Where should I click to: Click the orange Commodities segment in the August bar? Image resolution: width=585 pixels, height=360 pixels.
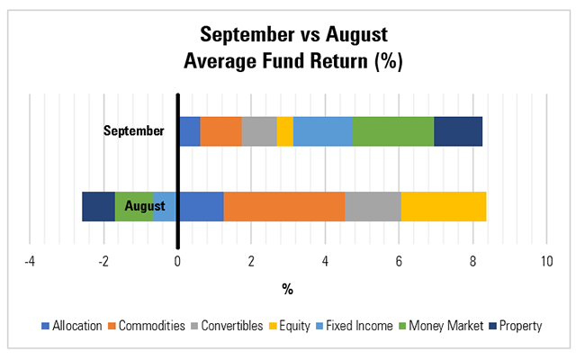point(283,206)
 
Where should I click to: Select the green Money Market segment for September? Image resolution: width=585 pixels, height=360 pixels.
point(393,131)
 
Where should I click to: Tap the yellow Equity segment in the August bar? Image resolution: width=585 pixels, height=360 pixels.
point(444,206)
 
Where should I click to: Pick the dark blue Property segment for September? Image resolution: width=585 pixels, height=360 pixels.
point(458,131)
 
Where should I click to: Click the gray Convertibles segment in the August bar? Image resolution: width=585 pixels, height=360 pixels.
point(373,206)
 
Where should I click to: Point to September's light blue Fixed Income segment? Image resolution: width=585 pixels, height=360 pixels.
point(323,131)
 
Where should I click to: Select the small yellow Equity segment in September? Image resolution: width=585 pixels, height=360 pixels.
point(284,131)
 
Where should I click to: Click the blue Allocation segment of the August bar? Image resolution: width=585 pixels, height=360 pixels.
point(201,206)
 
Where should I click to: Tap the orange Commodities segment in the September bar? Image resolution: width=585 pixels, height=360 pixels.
point(220,131)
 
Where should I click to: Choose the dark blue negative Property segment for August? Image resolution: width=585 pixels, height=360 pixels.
point(98,206)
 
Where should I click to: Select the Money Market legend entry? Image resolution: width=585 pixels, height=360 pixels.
point(446,326)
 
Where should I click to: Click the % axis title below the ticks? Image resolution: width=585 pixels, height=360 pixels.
point(287,289)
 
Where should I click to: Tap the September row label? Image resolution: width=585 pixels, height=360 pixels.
point(134,131)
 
